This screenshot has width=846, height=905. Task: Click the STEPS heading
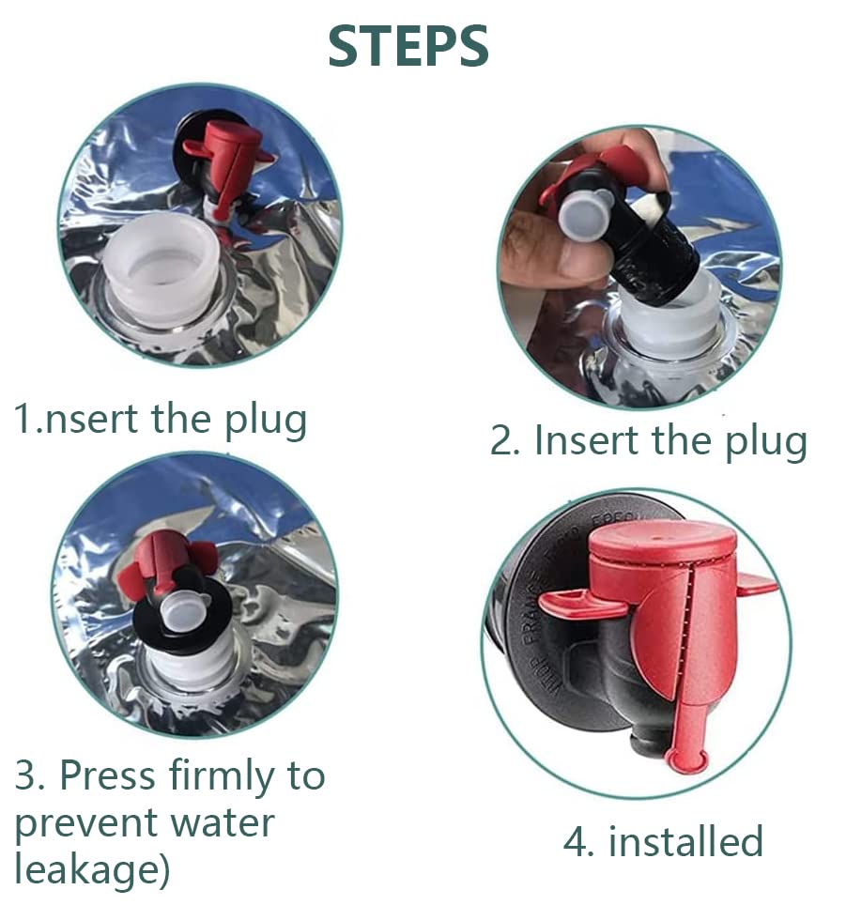408,46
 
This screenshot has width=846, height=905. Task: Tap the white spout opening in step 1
163,270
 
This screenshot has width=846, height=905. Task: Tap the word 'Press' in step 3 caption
107,775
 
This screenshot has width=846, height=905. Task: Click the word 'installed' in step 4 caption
686,840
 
